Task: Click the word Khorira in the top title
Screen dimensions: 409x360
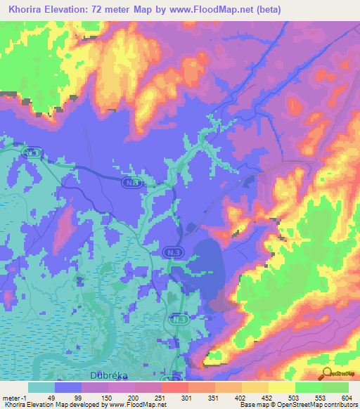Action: tap(25, 8)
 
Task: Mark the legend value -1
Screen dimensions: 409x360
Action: tap(25, 397)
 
